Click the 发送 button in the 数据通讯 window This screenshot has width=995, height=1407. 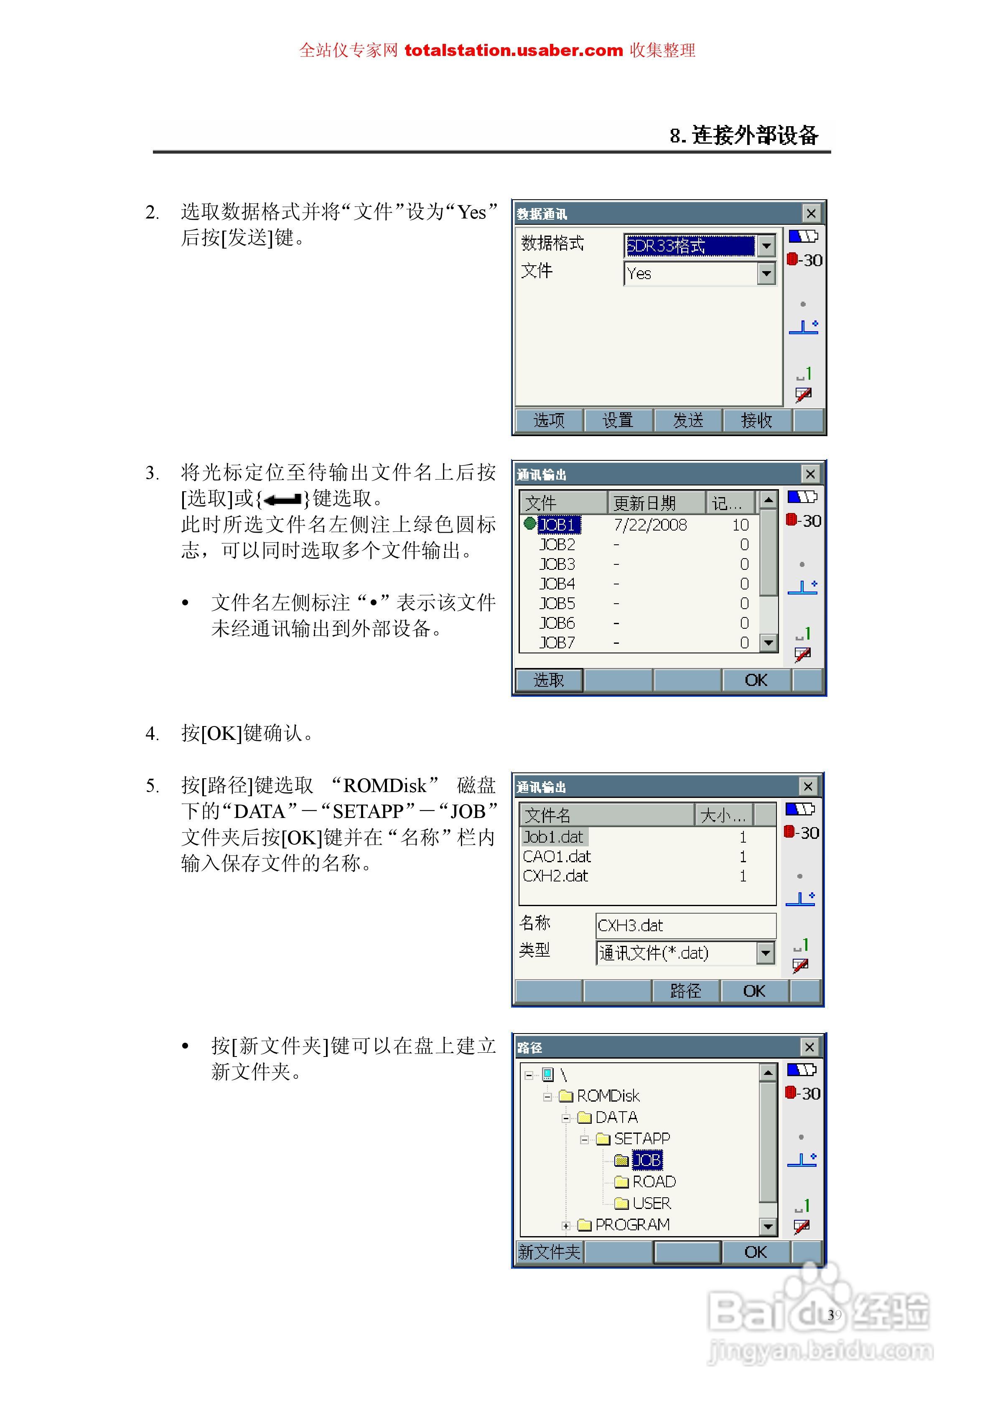687,420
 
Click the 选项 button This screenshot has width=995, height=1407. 549,420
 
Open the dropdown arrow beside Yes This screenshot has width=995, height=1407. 766,273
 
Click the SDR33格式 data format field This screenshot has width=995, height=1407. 690,246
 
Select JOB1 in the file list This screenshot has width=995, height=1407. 557,525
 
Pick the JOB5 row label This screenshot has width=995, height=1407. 557,604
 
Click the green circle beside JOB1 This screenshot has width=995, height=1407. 530,523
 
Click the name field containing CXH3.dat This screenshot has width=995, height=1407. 685,925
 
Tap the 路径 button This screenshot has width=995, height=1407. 685,991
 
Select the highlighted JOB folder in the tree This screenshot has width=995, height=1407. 647,1160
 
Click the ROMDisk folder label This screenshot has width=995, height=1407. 608,1096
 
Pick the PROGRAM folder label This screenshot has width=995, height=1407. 632,1224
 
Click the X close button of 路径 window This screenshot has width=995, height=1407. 809,1046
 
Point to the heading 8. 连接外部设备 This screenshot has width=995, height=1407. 744,135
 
